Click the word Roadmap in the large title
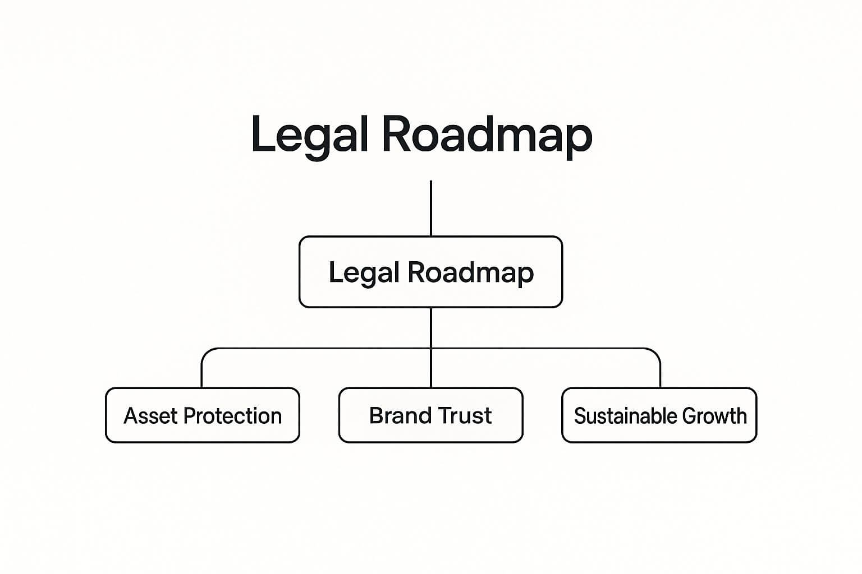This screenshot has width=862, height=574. (487, 135)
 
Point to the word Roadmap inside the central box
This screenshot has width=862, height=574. (470, 273)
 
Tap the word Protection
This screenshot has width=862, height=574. (232, 416)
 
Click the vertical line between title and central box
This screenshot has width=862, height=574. (430, 207)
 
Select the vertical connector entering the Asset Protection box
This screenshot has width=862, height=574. (201, 374)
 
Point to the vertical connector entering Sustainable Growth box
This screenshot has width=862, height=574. (660, 374)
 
